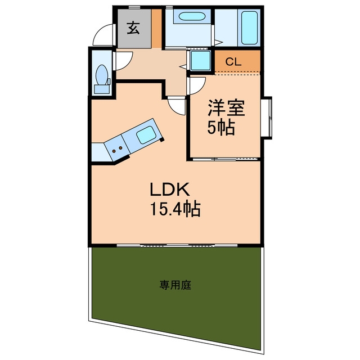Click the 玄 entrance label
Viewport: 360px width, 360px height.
[x=133, y=28]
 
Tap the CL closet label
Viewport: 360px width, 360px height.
[x=233, y=61]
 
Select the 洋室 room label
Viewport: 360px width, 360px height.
[x=226, y=108]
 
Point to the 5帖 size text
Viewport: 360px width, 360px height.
[x=221, y=127]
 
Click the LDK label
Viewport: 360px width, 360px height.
[x=170, y=189]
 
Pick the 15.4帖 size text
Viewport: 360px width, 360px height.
[x=175, y=209]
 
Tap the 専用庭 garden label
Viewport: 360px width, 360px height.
[x=175, y=285]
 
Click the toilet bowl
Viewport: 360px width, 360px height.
[x=102, y=75]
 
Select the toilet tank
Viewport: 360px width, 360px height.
[x=102, y=89]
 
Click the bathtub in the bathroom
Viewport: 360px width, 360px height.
[x=249, y=28]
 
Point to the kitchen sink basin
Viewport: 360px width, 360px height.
[x=146, y=135]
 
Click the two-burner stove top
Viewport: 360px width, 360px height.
[x=117, y=150]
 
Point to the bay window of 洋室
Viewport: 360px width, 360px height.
[x=267, y=118]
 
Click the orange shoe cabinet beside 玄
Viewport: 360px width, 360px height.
[x=157, y=29]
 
